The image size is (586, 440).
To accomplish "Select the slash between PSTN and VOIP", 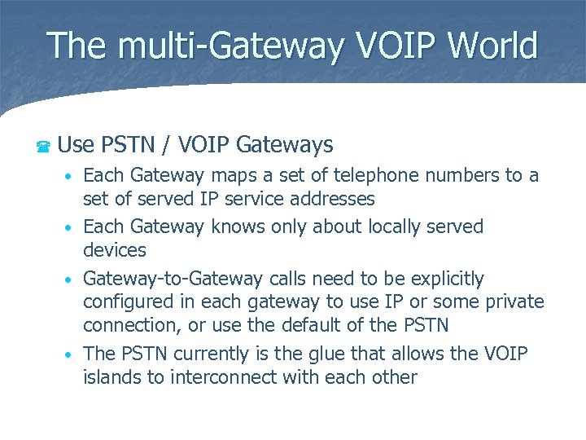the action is point(166,145).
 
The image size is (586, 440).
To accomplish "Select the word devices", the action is point(115,250).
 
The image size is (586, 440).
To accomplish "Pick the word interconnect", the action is point(229,377).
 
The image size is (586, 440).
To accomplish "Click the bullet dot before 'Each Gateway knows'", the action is point(72,227).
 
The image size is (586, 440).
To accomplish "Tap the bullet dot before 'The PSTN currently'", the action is point(72,355).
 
